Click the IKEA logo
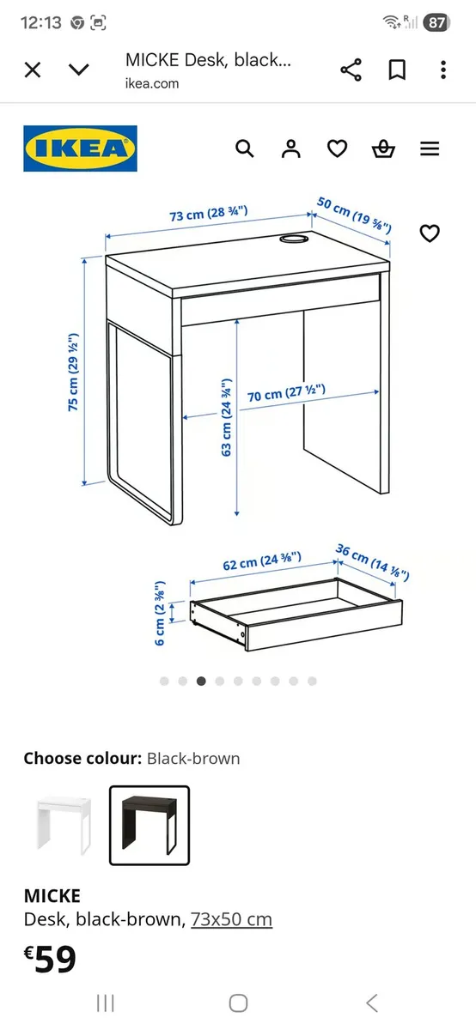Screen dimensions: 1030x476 point(80,148)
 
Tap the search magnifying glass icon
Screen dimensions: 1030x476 point(245,148)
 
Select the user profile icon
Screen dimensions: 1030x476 point(291,148)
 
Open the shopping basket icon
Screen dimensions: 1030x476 point(383,149)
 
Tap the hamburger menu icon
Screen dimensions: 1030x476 point(430,148)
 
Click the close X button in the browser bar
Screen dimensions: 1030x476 point(33,70)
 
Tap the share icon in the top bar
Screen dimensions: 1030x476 point(351,70)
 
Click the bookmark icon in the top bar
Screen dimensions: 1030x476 point(397,70)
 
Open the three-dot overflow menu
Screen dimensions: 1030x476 point(443,70)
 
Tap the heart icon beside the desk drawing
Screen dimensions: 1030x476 point(430,233)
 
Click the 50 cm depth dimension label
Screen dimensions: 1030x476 point(354,215)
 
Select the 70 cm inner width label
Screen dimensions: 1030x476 point(286,394)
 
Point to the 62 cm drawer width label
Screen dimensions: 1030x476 point(262,561)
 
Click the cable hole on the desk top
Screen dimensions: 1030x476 point(294,240)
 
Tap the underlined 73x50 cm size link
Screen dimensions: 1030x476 point(231,919)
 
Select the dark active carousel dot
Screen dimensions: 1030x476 point(201,681)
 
